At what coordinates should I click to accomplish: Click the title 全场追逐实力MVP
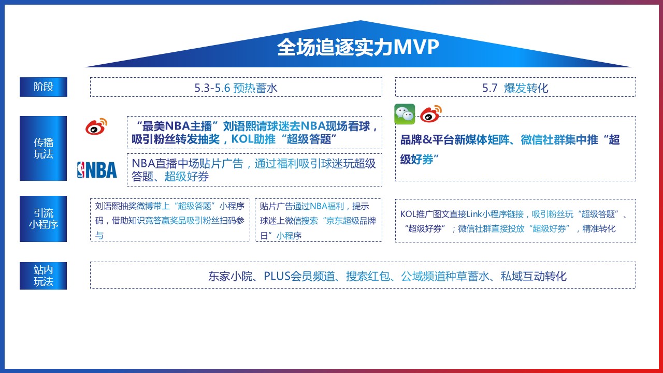tap(358, 47)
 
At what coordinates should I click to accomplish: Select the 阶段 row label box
tap(44, 87)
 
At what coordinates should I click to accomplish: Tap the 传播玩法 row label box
tap(43, 148)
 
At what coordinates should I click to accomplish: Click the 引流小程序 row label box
tap(43, 219)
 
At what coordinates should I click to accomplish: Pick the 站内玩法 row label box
tap(43, 276)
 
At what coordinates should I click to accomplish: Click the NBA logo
tap(97, 170)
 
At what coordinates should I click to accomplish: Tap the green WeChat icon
tap(405, 114)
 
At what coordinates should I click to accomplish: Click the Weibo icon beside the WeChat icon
tap(430, 113)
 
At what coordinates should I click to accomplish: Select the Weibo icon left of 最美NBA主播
tap(96, 126)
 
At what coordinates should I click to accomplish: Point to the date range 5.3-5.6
tap(212, 88)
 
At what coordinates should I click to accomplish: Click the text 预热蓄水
tap(255, 88)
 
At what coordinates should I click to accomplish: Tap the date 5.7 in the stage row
tap(490, 88)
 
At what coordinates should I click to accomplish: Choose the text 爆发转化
tap(526, 88)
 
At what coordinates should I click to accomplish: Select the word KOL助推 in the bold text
tap(253, 139)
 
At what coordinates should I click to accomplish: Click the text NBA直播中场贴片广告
tap(188, 163)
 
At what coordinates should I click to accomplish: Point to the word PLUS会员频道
tap(299, 276)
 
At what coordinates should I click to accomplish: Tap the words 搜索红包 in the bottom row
tap(368, 276)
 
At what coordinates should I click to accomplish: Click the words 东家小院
tap(230, 276)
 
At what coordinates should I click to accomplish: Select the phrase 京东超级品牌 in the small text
tap(351, 221)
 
